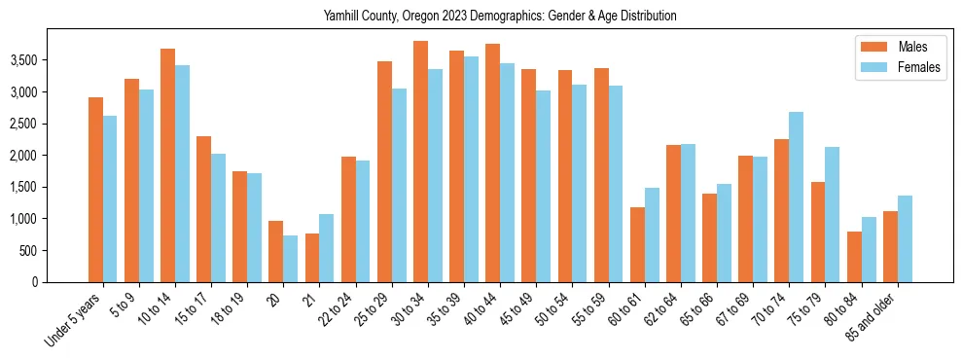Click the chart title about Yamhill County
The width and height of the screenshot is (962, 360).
(500, 17)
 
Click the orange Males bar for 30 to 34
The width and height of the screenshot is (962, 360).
(420, 162)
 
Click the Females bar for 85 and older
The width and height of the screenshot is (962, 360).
(904, 239)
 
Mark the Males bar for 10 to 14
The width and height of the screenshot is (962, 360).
(167, 165)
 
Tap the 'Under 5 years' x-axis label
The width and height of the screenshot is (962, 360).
(74, 321)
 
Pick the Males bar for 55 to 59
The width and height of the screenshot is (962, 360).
(601, 175)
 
